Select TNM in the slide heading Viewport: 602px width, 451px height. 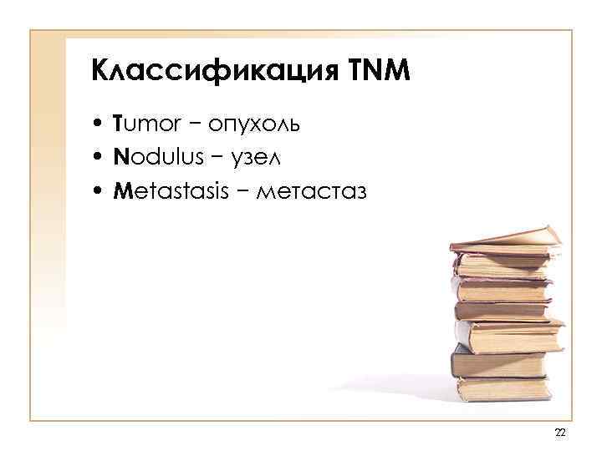[376, 70]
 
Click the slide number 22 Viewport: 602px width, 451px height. [560, 432]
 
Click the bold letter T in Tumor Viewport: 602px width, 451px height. [120, 125]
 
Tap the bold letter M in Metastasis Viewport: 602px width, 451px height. [122, 192]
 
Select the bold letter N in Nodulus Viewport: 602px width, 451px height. [121, 159]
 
